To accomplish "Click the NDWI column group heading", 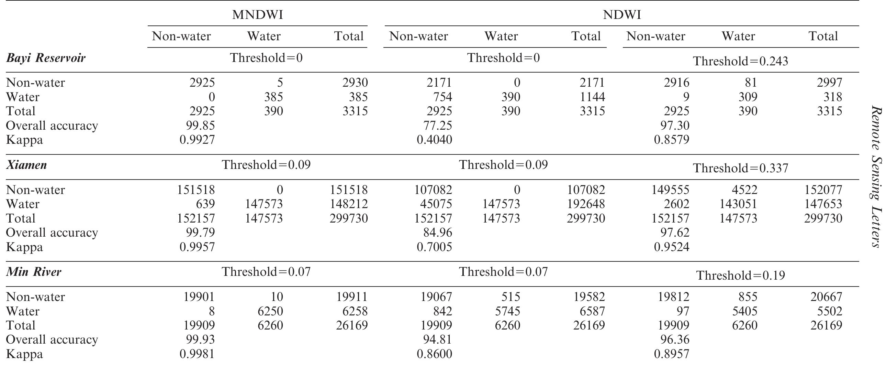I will tap(622, 15).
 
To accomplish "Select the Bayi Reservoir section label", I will tap(46, 58).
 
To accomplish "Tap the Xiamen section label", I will tap(26, 165).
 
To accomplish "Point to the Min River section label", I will tap(34, 272).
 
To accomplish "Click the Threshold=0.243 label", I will tap(740, 61).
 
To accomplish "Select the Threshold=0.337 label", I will tap(740, 168).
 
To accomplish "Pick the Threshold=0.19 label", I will tap(741, 276).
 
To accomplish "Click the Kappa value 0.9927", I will tap(197, 140).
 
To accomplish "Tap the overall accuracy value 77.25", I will tap(437, 126).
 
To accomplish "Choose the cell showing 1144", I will tap(592, 97).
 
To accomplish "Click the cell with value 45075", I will tap(436, 204).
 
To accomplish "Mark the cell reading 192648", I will tap(586, 204).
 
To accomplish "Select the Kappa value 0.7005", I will tap(434, 247).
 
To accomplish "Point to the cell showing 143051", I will tap(738, 204).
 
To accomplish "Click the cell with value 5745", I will tap(507, 311).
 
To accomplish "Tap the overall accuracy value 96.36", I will tap(675, 340).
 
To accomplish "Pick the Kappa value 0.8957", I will tap(672, 354).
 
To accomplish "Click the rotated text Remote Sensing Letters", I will tap(877, 176).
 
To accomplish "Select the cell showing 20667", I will tap(826, 297).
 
